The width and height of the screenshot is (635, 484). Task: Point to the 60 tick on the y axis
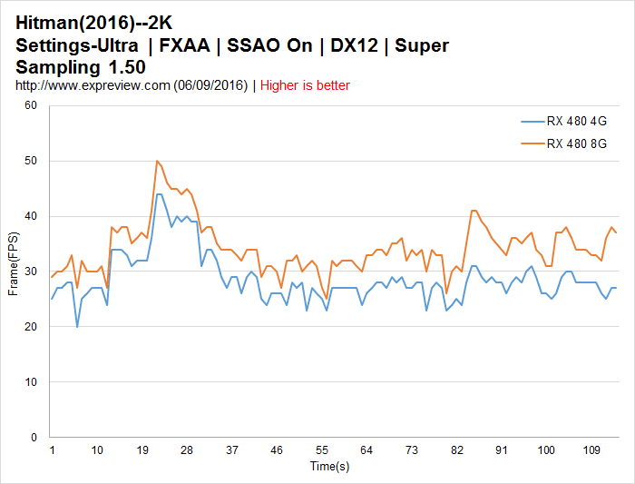click(x=31, y=105)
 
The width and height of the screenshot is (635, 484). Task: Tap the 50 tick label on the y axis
click(x=31, y=161)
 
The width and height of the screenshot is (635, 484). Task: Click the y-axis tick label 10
click(x=31, y=382)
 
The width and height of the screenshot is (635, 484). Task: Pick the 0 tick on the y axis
click(x=34, y=438)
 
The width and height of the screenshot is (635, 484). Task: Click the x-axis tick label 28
click(x=187, y=450)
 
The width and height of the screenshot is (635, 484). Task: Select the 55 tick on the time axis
click(x=321, y=450)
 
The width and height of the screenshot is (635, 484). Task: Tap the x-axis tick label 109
click(x=591, y=450)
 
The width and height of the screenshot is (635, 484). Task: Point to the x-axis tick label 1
click(x=52, y=450)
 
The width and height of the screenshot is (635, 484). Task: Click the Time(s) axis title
click(x=329, y=466)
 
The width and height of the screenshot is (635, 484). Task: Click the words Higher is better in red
click(x=305, y=85)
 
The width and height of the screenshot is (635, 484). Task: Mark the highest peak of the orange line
click(x=157, y=161)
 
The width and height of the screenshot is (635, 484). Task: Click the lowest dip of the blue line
click(x=77, y=327)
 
